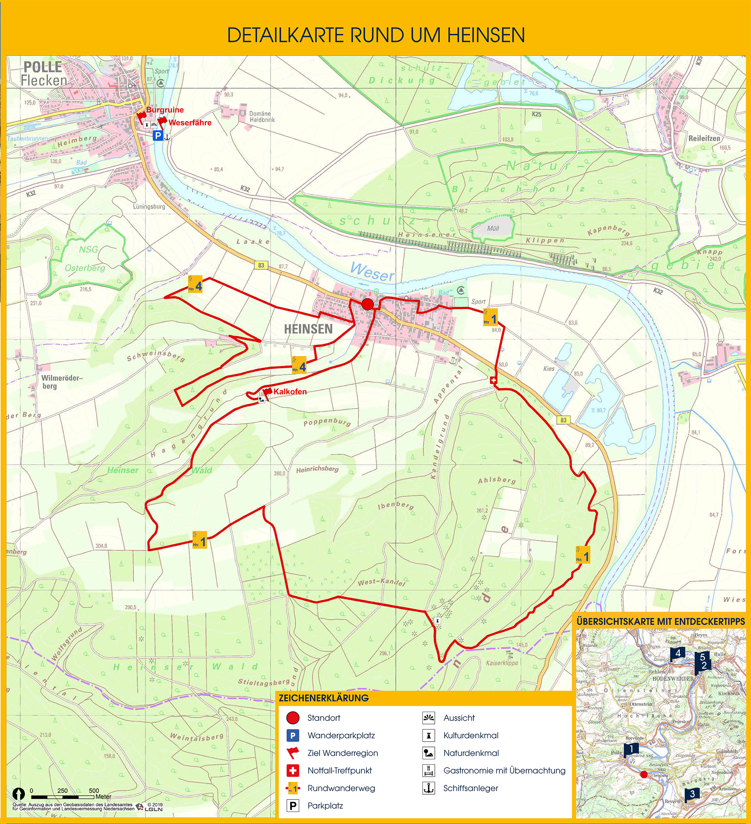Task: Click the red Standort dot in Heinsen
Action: click(x=367, y=304)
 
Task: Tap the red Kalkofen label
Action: click(x=290, y=392)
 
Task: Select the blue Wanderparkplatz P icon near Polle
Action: click(x=158, y=136)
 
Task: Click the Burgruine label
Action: click(x=164, y=110)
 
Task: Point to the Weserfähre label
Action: click(x=190, y=123)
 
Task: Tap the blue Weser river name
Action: click(x=372, y=272)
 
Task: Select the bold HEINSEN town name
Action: click(x=308, y=329)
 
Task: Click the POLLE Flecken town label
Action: click(x=43, y=74)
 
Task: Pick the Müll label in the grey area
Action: click(x=493, y=229)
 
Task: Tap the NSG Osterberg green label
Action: click(x=86, y=259)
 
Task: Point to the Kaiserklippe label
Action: click(x=502, y=663)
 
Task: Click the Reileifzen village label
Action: click(x=704, y=138)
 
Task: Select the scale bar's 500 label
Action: click(x=94, y=791)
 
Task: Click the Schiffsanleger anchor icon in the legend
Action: click(x=428, y=788)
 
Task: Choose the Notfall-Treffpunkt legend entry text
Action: click(x=339, y=771)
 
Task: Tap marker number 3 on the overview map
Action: click(x=692, y=794)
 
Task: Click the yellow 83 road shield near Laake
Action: click(x=261, y=265)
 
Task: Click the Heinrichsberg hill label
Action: click(x=317, y=469)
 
